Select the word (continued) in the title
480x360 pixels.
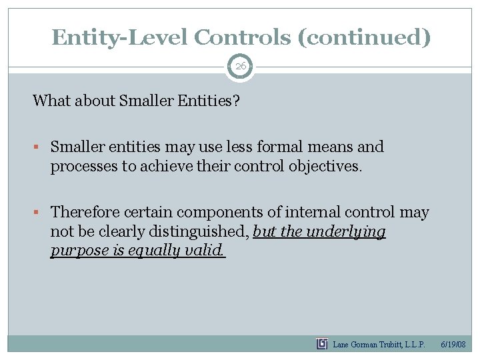(364, 37)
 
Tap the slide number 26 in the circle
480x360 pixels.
(240, 66)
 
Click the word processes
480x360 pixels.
(84, 166)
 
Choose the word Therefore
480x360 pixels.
(83, 213)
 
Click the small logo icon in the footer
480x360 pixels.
(322, 344)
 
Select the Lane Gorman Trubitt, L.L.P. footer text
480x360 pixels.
(379, 345)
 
